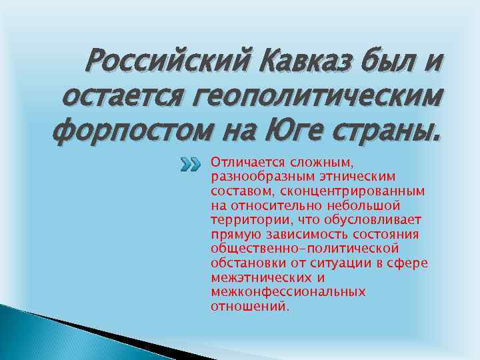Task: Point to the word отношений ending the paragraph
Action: point(250,306)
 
